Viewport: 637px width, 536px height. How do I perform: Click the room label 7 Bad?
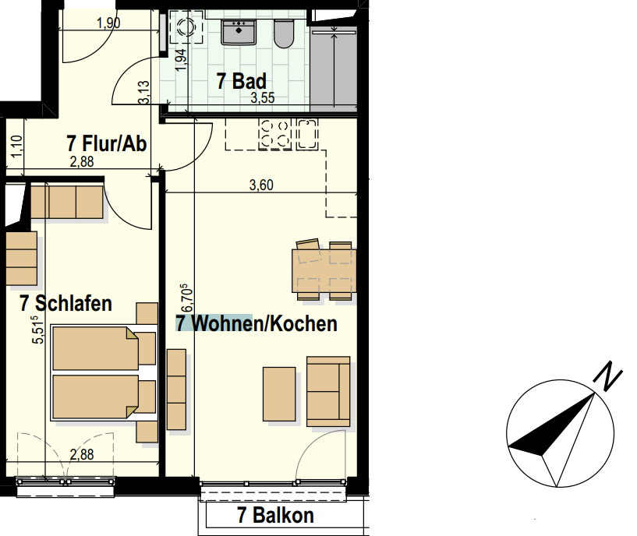(x=242, y=81)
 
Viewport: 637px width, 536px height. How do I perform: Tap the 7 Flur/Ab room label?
(x=107, y=143)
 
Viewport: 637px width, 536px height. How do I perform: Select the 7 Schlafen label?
(x=66, y=303)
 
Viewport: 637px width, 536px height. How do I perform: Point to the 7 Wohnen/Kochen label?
(x=257, y=323)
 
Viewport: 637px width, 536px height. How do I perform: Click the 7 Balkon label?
(x=275, y=515)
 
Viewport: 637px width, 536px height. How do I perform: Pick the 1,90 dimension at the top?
(x=108, y=23)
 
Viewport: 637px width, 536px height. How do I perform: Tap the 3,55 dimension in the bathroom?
(x=263, y=99)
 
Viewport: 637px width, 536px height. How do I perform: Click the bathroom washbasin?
(x=239, y=31)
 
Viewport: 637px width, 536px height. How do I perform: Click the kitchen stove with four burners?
(x=274, y=133)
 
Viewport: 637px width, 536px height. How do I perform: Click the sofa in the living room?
(x=328, y=392)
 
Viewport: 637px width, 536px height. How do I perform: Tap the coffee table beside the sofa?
(x=278, y=393)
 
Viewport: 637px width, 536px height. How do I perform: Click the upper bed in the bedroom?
(x=94, y=348)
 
